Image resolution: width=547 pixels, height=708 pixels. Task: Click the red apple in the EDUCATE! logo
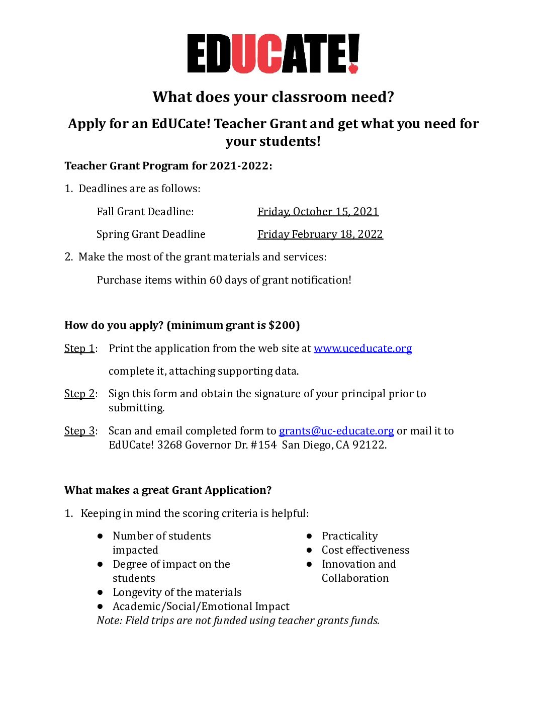(x=353, y=67)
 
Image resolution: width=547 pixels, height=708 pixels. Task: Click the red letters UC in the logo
(x=256, y=54)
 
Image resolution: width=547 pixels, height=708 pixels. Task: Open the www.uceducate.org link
(x=362, y=348)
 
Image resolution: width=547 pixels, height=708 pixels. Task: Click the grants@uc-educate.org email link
(x=336, y=431)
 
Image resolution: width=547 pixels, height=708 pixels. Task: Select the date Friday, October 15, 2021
(x=318, y=212)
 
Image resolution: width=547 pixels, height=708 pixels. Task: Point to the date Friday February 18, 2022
(x=320, y=234)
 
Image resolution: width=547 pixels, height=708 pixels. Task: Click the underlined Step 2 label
(x=79, y=394)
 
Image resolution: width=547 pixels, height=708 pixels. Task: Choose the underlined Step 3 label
(x=79, y=431)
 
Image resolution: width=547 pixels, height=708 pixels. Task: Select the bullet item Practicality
(x=349, y=536)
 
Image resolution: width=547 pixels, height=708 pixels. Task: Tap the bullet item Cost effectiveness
(x=366, y=550)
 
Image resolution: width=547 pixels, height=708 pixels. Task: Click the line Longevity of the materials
(x=177, y=592)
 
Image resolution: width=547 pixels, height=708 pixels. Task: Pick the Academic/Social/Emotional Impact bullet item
(x=201, y=606)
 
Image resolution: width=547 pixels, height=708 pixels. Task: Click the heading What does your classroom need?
(x=273, y=97)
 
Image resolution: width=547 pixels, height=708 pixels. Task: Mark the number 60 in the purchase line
(x=216, y=280)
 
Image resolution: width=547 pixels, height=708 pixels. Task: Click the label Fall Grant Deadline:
(x=145, y=212)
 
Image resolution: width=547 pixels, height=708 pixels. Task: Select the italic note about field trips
(x=238, y=621)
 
